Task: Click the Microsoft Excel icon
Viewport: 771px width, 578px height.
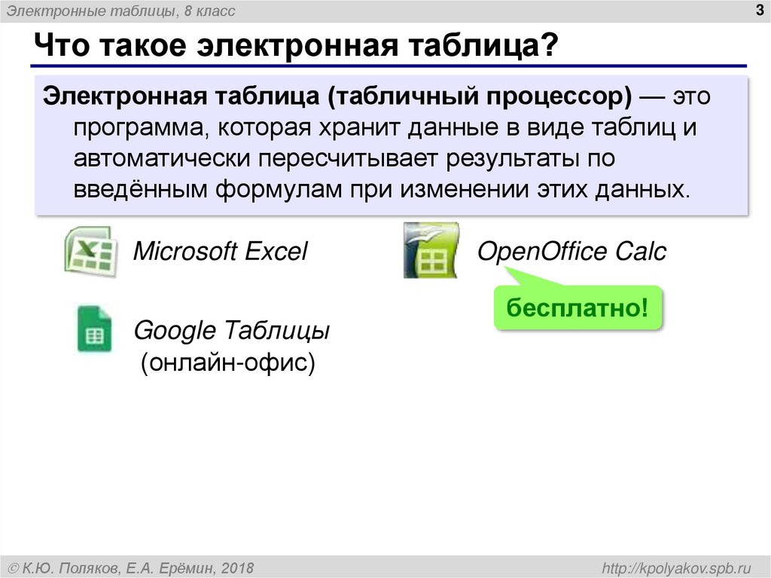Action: coord(89,252)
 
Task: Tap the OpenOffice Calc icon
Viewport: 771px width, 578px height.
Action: coord(430,250)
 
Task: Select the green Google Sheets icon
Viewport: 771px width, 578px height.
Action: coord(94,329)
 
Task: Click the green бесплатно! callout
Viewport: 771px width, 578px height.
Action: coord(577,308)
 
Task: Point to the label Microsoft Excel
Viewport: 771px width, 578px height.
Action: coord(220,252)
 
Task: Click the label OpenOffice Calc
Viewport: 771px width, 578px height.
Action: coord(571,252)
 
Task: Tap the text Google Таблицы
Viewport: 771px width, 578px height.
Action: coord(231,331)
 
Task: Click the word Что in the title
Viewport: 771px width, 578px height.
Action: coord(62,47)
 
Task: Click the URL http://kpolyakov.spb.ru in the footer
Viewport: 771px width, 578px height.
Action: coord(674,567)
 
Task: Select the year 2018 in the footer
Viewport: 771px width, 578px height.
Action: coord(239,567)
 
